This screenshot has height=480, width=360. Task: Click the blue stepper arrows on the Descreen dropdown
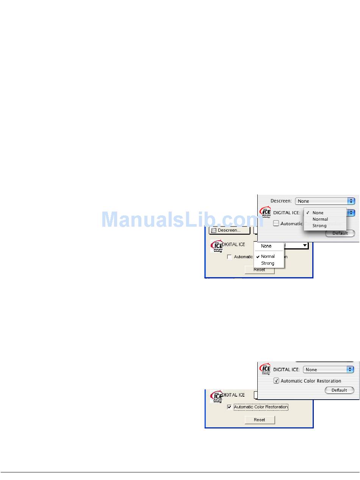click(x=351, y=201)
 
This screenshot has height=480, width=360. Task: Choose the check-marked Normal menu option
click(x=268, y=256)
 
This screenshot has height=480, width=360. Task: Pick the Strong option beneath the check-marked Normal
click(x=268, y=263)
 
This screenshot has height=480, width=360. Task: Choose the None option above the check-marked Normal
click(x=266, y=246)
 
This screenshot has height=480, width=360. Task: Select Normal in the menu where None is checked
click(x=320, y=219)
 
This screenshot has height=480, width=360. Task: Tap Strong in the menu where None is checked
click(x=319, y=226)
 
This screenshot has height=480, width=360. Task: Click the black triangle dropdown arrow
click(x=305, y=246)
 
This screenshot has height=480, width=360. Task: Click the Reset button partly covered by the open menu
click(x=260, y=270)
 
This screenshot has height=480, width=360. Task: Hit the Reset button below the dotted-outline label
click(x=260, y=420)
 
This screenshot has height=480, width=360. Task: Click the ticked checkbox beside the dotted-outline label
click(x=229, y=407)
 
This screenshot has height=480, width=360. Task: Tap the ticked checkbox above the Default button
click(x=276, y=381)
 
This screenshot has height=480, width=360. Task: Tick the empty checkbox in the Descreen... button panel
click(x=229, y=257)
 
